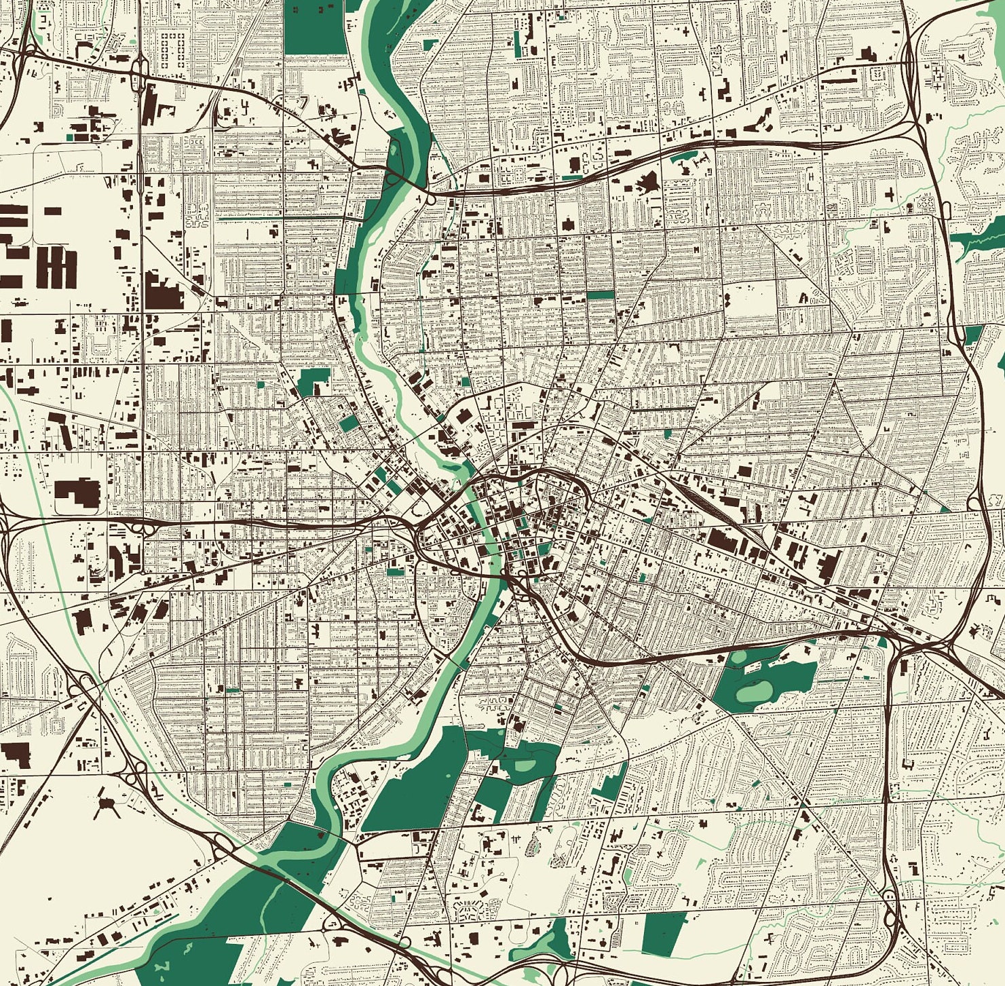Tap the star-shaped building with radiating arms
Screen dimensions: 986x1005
coord(106,804)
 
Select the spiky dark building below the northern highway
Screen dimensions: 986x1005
coord(646,182)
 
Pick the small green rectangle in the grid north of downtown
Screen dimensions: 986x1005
coord(600,296)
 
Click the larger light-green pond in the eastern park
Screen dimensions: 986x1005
coord(755,691)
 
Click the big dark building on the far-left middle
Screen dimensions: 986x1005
coord(77,491)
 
